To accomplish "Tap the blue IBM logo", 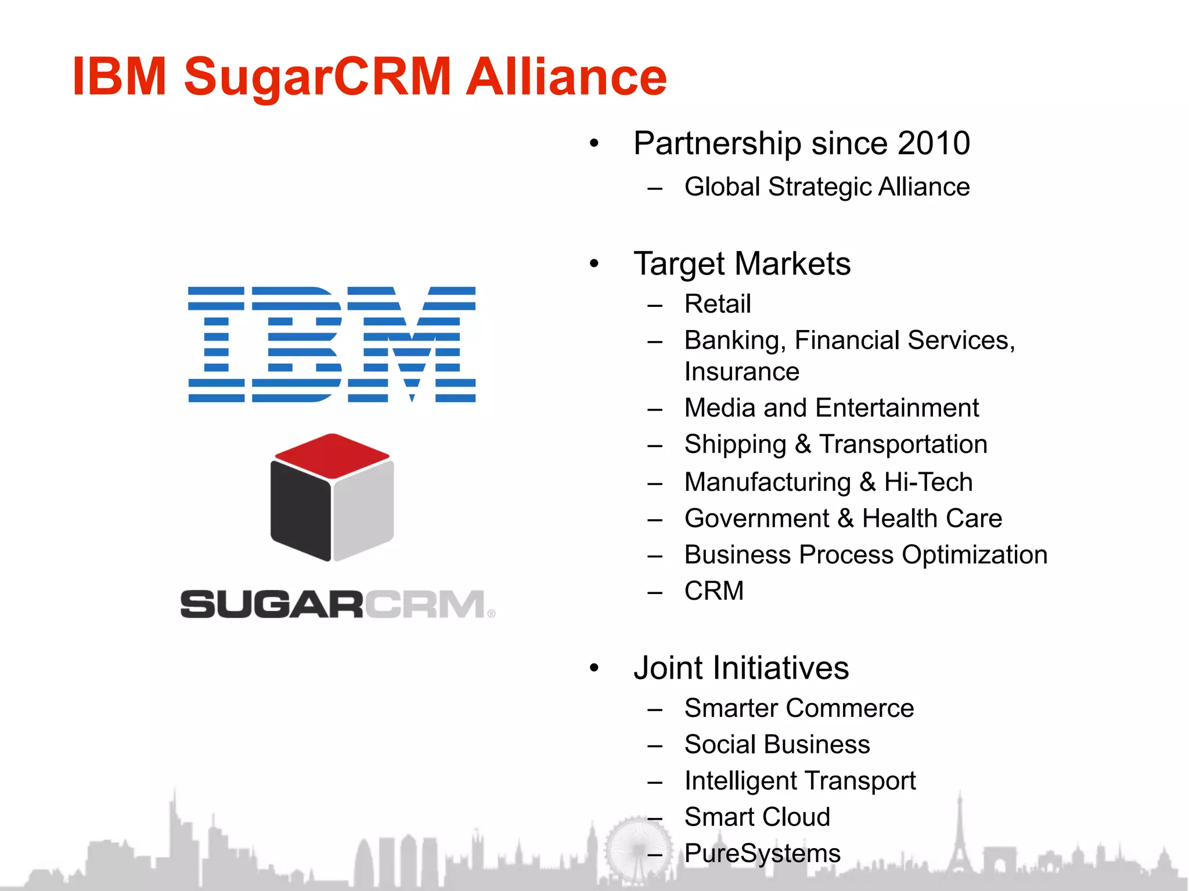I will pos(332,344).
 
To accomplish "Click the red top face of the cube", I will pos(332,455).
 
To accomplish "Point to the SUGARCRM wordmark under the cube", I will pos(337,604).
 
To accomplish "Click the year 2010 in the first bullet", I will pos(934,143).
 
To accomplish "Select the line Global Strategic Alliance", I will pos(827,187).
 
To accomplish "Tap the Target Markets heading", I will pos(742,264).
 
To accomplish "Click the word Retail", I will pos(718,304).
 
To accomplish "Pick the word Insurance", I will pos(741,372).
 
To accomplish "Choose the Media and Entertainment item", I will pos(831,408).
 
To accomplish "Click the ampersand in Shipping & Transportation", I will pos(803,445).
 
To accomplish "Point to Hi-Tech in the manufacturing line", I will pos(928,482).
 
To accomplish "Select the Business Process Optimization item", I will pos(866,555).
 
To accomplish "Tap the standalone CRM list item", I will pos(714,591).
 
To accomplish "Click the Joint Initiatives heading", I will pos(741,668).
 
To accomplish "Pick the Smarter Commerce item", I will pos(799,708).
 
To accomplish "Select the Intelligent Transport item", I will pos(799,781).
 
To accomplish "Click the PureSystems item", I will pos(762,853).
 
